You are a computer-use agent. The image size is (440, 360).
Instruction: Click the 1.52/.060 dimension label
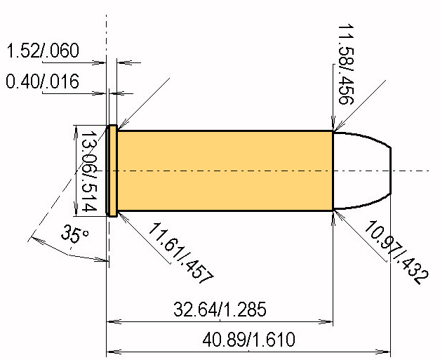click(43, 51)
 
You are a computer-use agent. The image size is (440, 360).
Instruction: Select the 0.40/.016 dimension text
click(42, 81)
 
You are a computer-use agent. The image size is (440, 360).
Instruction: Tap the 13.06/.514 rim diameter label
click(89, 171)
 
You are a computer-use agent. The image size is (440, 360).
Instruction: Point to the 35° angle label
click(75, 234)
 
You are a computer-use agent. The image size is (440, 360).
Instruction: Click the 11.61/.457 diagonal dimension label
click(181, 253)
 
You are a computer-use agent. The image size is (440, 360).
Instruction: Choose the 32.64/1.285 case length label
click(220, 309)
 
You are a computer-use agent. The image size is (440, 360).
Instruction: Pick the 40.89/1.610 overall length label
click(248, 339)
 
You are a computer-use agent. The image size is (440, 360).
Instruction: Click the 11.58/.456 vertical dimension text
click(346, 65)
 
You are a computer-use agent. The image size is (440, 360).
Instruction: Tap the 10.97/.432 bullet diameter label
click(396, 252)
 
